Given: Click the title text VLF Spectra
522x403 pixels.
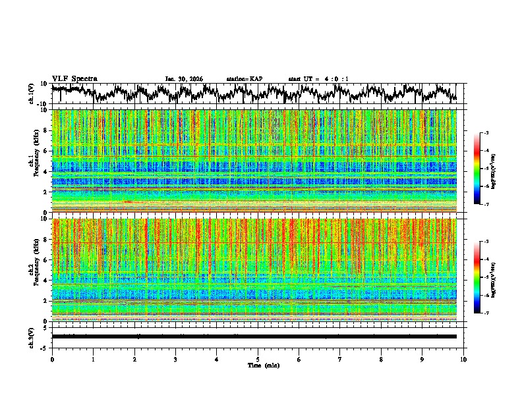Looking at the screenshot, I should pyautogui.click(x=74, y=78).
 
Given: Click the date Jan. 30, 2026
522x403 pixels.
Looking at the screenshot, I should pyautogui.click(x=184, y=79).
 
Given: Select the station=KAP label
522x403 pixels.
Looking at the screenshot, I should pyautogui.click(x=245, y=79).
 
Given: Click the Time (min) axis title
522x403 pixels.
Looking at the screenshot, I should pyautogui.click(x=258, y=365).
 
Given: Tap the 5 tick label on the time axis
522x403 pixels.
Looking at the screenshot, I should pyautogui.click(x=258, y=359).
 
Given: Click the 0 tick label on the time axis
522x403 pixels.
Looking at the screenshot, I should pyautogui.click(x=52, y=359).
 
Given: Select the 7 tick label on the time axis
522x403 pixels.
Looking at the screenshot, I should pyautogui.click(x=340, y=359).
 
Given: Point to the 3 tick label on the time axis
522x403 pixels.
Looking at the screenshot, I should pyautogui.click(x=175, y=359).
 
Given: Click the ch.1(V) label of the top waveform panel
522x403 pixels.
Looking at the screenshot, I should pyautogui.click(x=32, y=94).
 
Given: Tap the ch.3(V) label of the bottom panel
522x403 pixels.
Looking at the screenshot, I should pyautogui.click(x=32, y=336).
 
